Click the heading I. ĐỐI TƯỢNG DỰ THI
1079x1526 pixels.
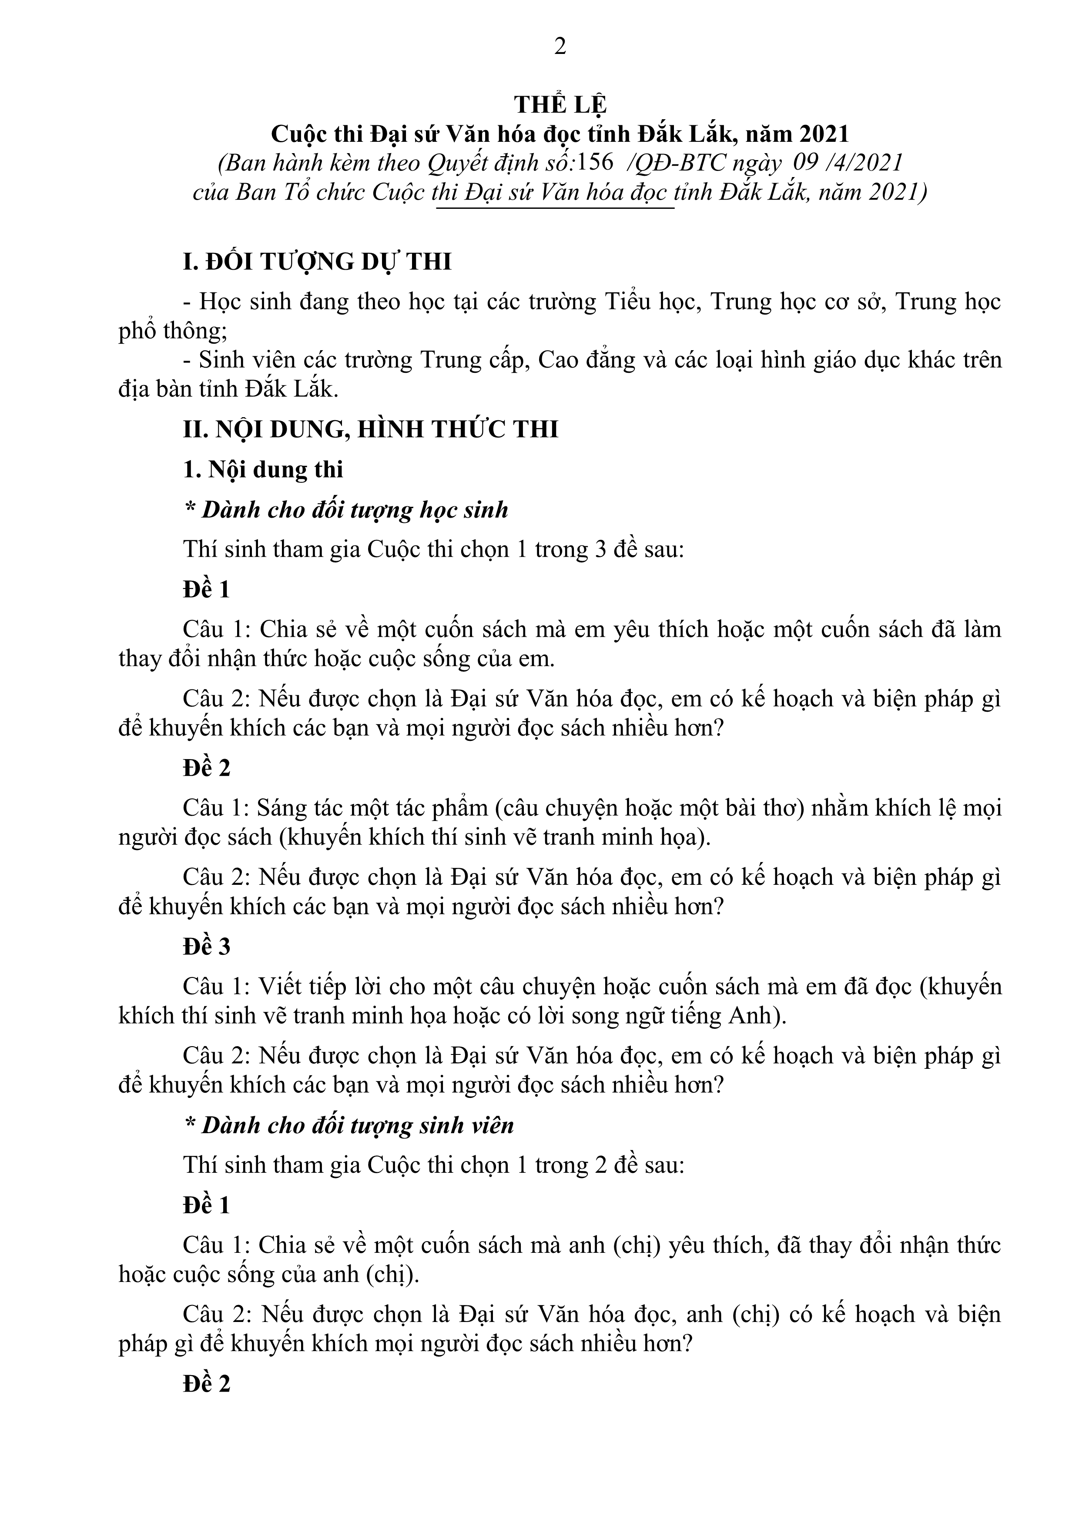[317, 262]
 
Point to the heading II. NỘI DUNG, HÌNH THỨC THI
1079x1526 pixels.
[370, 429]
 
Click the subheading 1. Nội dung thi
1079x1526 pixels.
[263, 470]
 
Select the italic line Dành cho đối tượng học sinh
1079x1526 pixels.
[346, 510]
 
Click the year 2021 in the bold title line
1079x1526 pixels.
[824, 134]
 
